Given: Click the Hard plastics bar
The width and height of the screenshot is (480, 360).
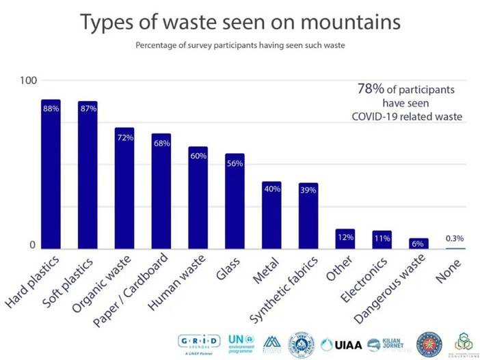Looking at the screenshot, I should (51, 174).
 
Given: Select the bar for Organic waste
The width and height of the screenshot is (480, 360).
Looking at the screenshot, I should (124, 188).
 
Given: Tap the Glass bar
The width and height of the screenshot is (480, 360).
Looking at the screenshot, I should (235, 201).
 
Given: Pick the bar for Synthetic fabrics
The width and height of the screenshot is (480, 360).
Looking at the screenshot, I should (308, 215).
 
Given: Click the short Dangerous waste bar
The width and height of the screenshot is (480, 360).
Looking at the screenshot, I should (418, 243).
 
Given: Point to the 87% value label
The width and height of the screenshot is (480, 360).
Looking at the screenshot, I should (88, 109).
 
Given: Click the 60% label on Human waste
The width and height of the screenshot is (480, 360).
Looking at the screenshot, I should (198, 155).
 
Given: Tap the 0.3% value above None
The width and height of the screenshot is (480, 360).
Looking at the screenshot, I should (455, 238).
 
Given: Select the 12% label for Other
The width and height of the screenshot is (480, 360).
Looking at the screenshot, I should (345, 237).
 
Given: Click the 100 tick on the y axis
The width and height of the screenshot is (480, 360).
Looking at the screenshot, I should (27, 81).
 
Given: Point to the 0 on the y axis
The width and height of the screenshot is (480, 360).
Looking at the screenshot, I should (31, 246).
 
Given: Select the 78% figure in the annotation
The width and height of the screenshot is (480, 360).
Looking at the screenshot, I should (370, 89).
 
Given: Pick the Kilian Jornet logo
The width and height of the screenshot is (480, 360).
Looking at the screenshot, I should (386, 343).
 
